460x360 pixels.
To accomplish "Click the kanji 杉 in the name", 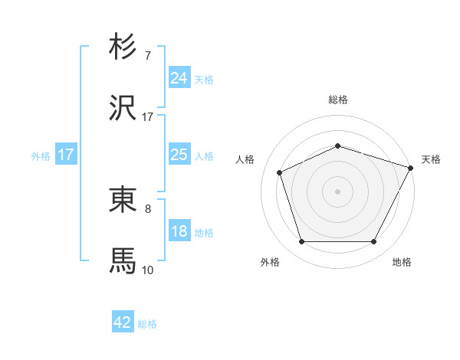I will pos(123,47).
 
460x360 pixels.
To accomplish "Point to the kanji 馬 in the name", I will pos(123,260).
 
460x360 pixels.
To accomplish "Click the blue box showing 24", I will pos(179,78).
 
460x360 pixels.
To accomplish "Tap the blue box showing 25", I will pos(179,155).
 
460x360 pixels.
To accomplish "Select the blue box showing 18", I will pos(179,231).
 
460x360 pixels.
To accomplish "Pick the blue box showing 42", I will pos(123,322).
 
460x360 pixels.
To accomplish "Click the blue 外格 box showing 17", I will pos(66,155).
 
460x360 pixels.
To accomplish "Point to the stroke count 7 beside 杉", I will pos(148,56).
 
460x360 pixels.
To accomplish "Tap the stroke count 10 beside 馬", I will pos(148,270).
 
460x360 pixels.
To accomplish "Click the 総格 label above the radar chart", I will pos(337,100).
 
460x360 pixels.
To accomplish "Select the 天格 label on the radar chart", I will pos(431,159).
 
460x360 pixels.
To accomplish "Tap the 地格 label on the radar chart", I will pos(402,262).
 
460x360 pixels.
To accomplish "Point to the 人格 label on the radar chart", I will pos(245,159).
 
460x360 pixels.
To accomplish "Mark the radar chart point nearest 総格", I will pos(337,146).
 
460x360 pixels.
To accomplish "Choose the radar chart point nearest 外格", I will pos(301,241).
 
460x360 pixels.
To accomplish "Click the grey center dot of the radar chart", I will pos(337,191).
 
